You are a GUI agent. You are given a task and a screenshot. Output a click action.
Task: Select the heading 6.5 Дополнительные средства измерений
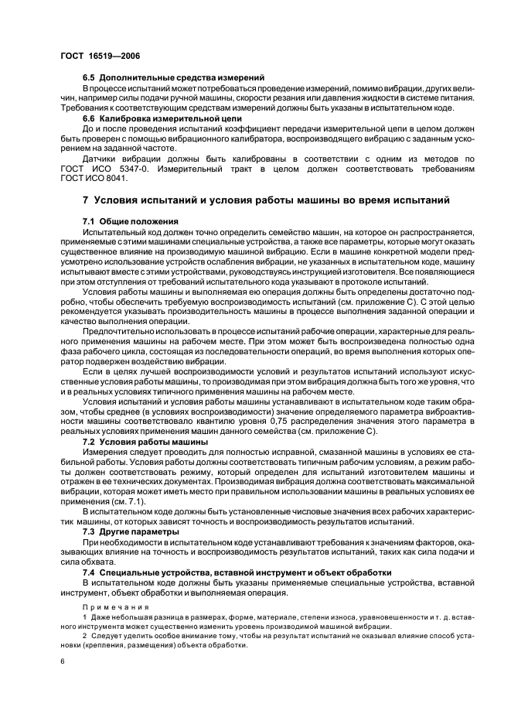click(174, 77)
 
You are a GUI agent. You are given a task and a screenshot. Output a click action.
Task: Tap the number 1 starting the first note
click(84, 620)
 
